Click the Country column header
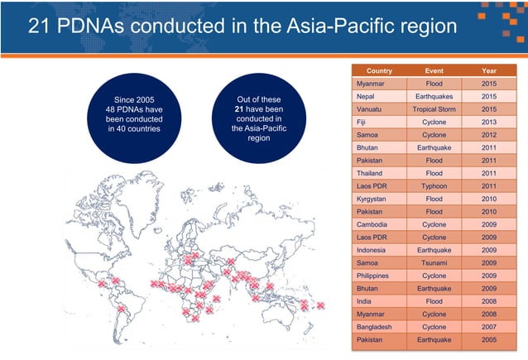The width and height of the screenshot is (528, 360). click(x=379, y=71)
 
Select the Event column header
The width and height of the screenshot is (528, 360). click(x=434, y=71)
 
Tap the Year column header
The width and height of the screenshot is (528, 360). click(x=487, y=71)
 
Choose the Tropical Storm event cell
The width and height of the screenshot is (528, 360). click(x=434, y=108)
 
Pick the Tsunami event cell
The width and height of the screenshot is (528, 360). click(x=434, y=262)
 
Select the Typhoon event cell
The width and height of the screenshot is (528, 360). click(x=434, y=186)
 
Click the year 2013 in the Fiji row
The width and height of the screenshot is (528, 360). click(x=487, y=122)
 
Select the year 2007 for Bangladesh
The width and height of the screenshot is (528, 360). click(x=487, y=327)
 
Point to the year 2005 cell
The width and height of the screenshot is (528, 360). click(x=487, y=340)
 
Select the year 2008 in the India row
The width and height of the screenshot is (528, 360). click(x=487, y=301)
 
